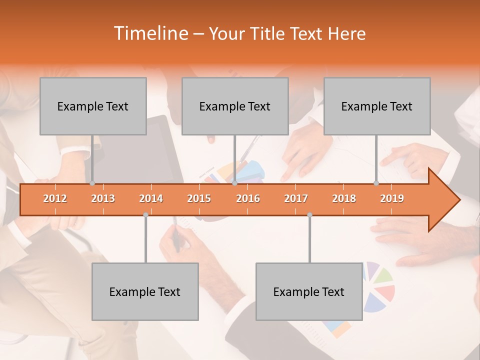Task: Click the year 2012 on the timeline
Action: (55, 198)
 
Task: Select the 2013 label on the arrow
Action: (103, 198)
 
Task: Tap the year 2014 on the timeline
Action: (151, 198)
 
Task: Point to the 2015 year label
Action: (199, 198)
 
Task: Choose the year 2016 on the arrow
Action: (248, 198)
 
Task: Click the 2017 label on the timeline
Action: (296, 198)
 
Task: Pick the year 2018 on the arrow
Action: (344, 198)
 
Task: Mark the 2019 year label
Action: (392, 198)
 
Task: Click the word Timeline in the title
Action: (150, 33)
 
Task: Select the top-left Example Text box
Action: (93, 106)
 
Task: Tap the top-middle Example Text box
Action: (235, 106)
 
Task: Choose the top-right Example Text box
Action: (377, 106)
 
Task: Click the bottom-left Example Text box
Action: (145, 291)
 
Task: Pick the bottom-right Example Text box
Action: (309, 291)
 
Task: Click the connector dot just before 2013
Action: (92, 183)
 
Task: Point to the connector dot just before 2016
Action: (234, 183)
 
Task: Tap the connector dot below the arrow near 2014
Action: (145, 214)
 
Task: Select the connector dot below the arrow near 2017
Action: (309, 214)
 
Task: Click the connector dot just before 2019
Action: (376, 183)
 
